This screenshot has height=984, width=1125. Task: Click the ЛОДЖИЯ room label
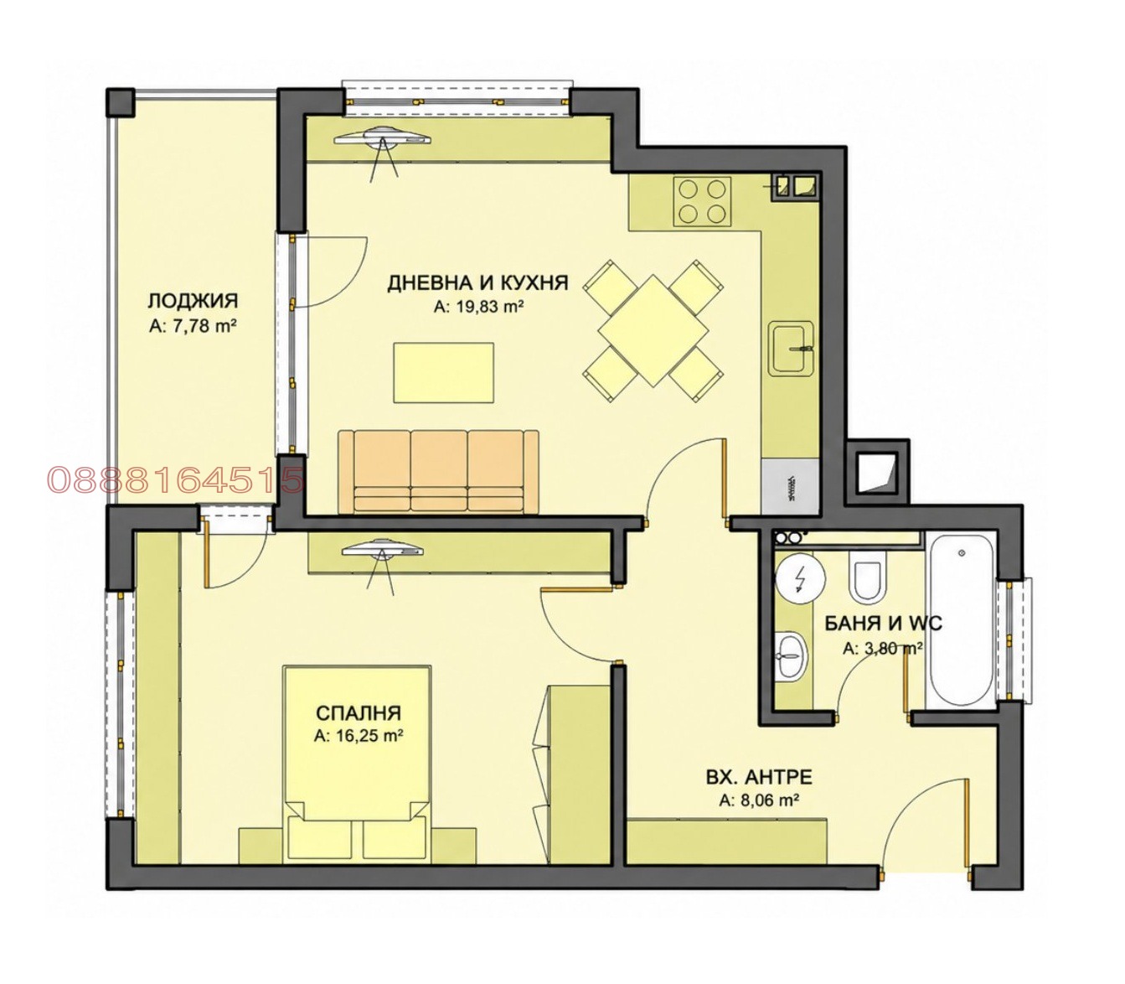coord(193,302)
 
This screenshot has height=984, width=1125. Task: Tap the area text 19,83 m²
coord(486,307)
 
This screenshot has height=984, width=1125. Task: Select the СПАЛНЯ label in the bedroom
coord(359,712)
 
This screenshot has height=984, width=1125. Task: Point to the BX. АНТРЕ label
coord(759,778)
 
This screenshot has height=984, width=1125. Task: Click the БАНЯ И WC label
coord(883,624)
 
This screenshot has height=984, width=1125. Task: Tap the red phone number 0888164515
coord(176,479)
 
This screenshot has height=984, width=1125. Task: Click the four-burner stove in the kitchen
coord(702,201)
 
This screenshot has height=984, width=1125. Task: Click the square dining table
coord(653,331)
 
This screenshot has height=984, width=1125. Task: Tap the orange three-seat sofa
coord(438,471)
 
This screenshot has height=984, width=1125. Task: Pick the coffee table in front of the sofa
coord(444,372)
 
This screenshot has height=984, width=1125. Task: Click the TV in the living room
coord(383,137)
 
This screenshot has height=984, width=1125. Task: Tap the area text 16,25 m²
coord(359,735)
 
